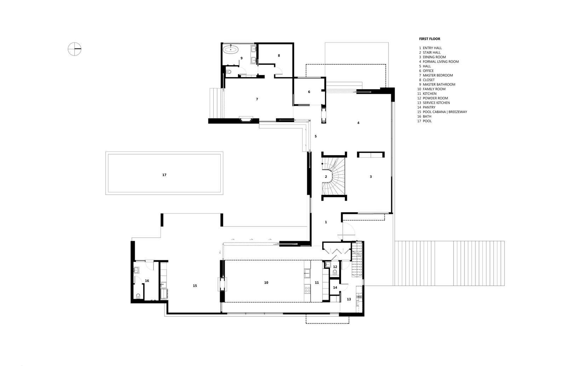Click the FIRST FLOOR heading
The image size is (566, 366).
[429, 39]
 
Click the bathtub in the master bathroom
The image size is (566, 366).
[231, 49]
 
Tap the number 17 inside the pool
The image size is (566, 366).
[164, 175]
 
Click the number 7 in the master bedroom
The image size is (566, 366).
[257, 99]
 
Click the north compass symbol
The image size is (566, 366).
[75, 49]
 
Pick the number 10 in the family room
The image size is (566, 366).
[266, 283]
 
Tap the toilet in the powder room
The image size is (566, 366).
[335, 272]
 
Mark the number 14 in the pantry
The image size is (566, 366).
[335, 287]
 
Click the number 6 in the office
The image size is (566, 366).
[309, 92]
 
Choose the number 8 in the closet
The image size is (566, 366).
[279, 56]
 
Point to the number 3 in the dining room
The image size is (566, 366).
[371, 177]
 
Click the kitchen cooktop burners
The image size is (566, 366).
[307, 289]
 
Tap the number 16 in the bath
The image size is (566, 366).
[147, 281]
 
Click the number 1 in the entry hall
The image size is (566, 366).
[326, 222]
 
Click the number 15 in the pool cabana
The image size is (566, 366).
[195, 286]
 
